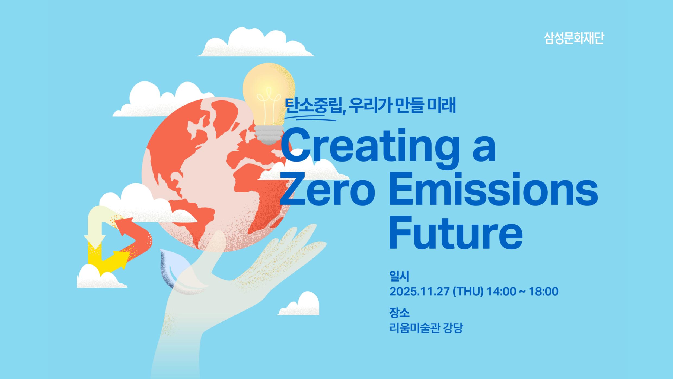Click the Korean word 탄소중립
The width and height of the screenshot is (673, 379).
[313, 106]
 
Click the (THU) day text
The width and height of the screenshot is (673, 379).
[468, 292]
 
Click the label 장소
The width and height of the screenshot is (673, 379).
[399, 313]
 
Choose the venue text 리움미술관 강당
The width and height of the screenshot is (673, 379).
[426, 328]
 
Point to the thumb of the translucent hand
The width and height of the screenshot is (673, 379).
[214, 244]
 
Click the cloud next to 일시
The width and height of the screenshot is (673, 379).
[301, 305]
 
